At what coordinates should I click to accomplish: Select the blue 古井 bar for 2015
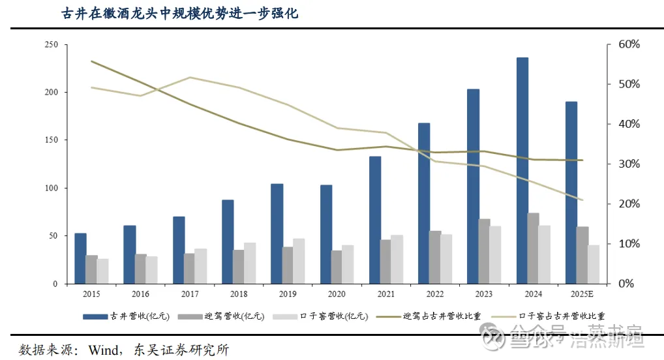80,258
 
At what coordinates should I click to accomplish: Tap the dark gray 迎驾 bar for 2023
484,251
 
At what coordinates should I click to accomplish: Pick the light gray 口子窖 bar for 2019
299,261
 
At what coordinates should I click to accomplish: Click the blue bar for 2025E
571,192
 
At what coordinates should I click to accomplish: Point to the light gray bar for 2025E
593,264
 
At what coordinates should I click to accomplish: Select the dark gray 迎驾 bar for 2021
385,262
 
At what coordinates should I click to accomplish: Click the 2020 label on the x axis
337,294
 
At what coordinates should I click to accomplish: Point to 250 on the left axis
51,44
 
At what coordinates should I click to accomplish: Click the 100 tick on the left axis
51,188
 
